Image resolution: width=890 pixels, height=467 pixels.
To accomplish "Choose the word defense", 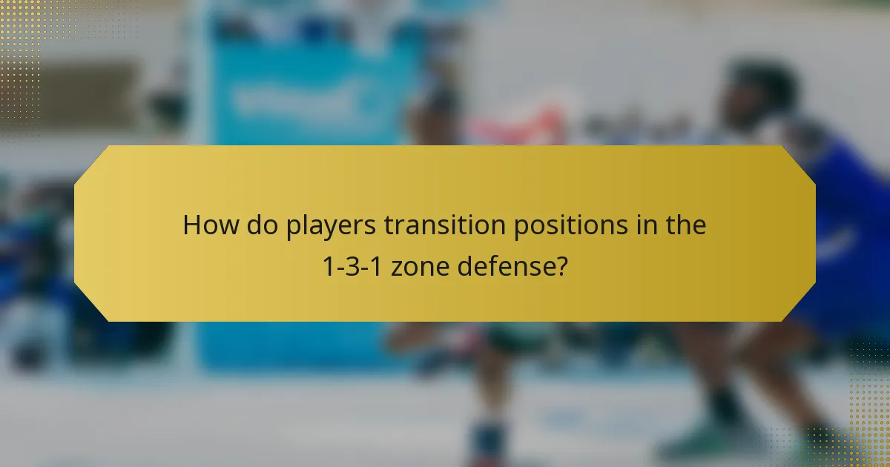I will point(504,265).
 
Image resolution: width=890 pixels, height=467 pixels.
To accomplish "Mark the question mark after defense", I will point(561,265).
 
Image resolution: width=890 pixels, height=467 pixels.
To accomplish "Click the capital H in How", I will point(192,225).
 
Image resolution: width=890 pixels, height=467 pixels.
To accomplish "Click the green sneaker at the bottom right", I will point(686,445).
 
